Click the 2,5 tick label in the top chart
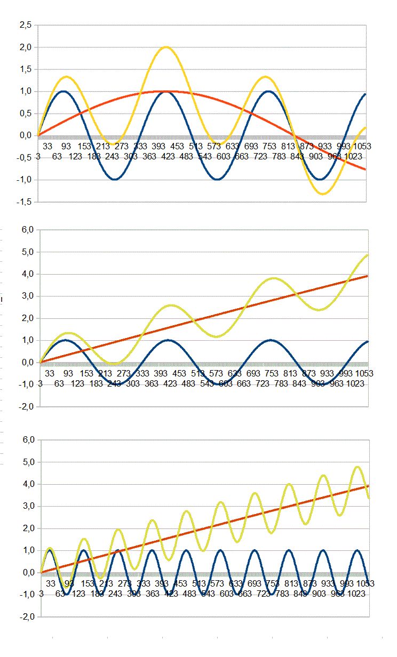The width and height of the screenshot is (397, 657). click(25, 25)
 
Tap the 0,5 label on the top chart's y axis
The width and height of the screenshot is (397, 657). click(25, 113)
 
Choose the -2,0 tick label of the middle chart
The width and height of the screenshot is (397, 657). click(25, 406)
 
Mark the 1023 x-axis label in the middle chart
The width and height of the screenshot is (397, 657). click(354, 383)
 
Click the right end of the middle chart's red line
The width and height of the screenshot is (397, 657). click(368, 276)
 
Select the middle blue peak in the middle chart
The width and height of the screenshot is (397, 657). click(168, 340)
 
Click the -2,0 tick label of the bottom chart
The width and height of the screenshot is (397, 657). click(25, 616)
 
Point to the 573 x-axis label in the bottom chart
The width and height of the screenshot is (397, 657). click(217, 583)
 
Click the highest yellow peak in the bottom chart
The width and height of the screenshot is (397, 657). click(357, 467)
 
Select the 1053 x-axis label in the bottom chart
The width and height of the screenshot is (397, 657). click(364, 583)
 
